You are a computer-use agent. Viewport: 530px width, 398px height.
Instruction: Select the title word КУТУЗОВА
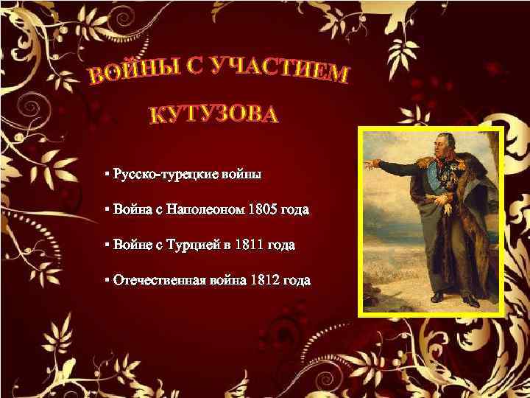215,115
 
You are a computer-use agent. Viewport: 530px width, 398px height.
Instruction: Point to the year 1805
264,210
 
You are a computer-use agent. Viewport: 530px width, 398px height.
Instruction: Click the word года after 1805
295,210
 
